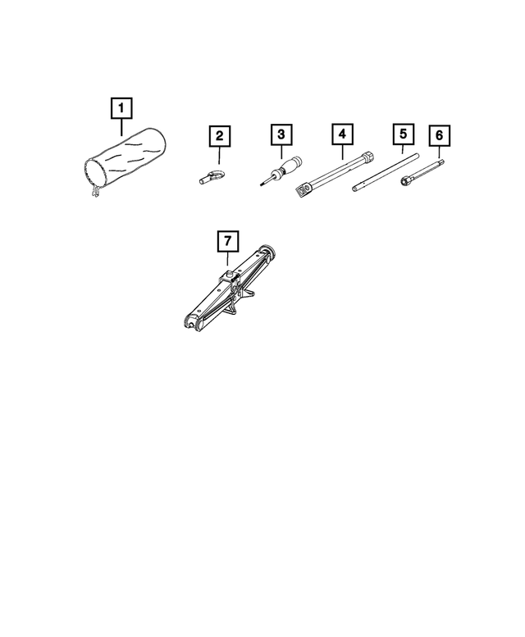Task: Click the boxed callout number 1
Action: [x=121, y=107]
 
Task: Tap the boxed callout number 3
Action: [x=281, y=133]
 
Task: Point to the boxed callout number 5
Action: [x=402, y=133]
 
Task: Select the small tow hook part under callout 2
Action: [x=212, y=174]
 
